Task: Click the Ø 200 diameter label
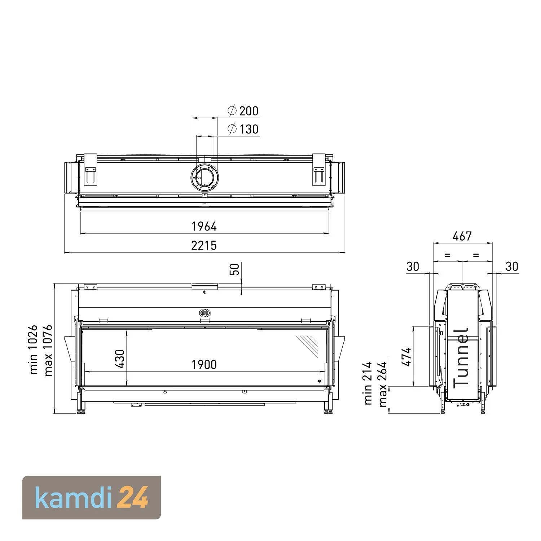click(243, 111)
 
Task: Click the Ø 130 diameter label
click(243, 129)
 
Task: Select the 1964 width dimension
click(204, 226)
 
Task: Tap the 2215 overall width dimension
click(204, 246)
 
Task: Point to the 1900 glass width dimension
click(204, 365)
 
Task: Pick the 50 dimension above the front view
click(234, 269)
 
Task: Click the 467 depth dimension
click(462, 236)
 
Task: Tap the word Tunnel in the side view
click(461, 358)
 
